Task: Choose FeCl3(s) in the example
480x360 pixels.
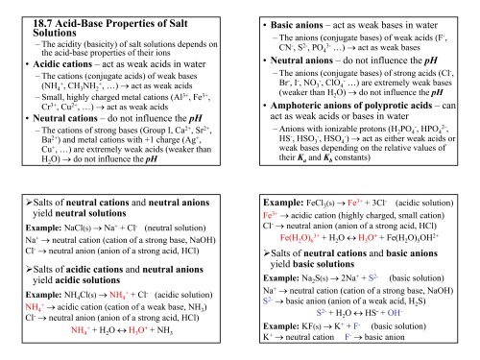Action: coord(325,207)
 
